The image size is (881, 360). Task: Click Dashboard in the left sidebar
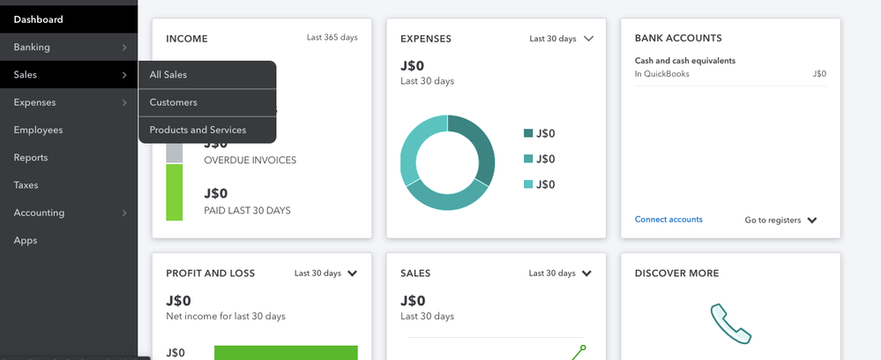(38, 19)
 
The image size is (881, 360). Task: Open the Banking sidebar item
(32, 47)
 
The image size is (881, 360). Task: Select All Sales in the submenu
(168, 75)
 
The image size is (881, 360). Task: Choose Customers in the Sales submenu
(174, 102)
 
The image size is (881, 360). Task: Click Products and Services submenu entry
(198, 130)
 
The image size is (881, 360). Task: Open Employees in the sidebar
(38, 130)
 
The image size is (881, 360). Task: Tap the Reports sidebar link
(31, 158)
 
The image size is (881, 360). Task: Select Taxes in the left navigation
(26, 185)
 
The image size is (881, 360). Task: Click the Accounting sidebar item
(39, 213)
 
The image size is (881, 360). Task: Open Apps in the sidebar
(25, 240)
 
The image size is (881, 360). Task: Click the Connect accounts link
(668, 220)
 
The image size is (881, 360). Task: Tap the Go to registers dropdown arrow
(812, 221)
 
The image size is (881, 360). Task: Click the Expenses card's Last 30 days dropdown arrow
(589, 39)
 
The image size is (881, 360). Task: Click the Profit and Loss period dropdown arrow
(353, 274)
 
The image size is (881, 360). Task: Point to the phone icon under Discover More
(731, 324)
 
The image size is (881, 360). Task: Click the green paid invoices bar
(174, 191)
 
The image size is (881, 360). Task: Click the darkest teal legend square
(528, 133)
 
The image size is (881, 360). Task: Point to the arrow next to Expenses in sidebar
(124, 102)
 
